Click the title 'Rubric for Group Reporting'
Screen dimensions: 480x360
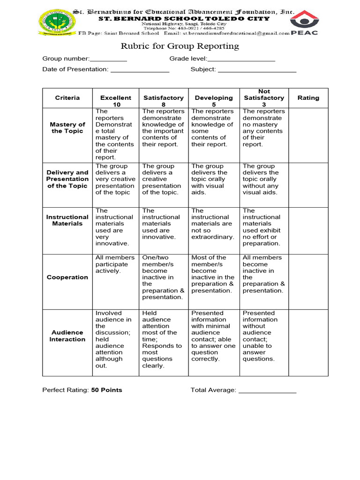point(180,46)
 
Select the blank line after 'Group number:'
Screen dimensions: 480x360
point(108,60)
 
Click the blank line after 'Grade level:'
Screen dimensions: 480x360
point(241,60)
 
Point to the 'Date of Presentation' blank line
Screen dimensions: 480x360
point(140,70)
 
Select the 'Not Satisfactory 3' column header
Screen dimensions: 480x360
point(264,98)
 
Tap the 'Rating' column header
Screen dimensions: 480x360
point(308,98)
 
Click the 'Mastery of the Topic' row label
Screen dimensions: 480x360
point(67,127)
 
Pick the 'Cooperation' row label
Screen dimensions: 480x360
point(67,277)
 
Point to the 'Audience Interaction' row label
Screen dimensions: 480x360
point(67,336)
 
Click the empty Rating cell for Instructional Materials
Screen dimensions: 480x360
point(308,231)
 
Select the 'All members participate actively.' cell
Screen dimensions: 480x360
point(115,264)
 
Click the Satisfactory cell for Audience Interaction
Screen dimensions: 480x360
point(163,339)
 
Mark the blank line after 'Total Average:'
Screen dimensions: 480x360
point(267,390)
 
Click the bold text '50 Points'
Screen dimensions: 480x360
point(106,390)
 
